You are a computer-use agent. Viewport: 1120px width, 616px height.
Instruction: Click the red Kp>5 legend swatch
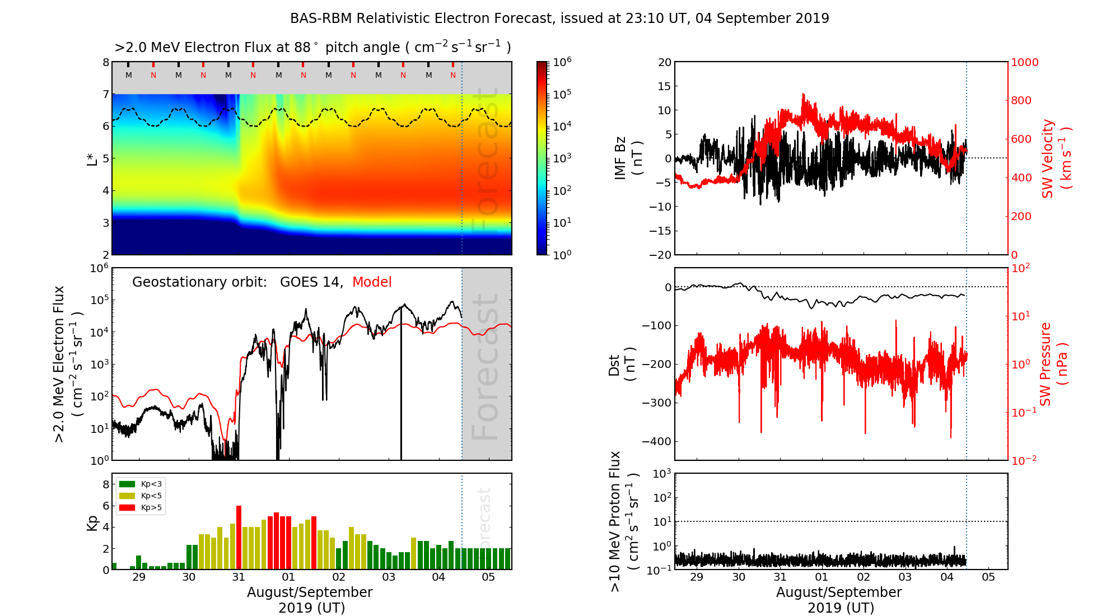tap(127, 508)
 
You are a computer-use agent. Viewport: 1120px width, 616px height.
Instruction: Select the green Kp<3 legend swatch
tap(127, 484)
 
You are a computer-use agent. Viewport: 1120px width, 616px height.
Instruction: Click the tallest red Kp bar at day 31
tap(239, 538)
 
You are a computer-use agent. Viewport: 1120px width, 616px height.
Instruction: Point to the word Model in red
tap(372, 282)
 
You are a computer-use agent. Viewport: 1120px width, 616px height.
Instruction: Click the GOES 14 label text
tap(311, 282)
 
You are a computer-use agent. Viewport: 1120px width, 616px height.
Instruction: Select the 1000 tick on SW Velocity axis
tap(1024, 62)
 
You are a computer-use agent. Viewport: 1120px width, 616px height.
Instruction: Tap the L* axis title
tap(92, 158)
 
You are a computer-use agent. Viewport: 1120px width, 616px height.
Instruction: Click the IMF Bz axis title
tap(628, 158)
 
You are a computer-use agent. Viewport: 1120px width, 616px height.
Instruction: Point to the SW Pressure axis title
tap(1053, 364)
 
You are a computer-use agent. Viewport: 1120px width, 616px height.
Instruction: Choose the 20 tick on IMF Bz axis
tap(664, 62)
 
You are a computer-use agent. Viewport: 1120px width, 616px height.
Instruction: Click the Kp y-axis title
tap(92, 522)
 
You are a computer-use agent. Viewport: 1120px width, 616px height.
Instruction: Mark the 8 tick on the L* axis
tap(106, 62)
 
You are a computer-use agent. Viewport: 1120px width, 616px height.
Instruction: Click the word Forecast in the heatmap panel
tap(485, 162)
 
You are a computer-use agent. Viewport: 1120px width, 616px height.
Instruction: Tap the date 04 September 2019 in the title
tap(762, 18)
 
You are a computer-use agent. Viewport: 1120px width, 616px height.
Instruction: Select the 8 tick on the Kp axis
tap(106, 484)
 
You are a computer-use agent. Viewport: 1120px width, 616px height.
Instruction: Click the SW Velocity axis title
tap(1056, 158)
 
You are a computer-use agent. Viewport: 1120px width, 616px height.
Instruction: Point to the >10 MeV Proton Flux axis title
tap(623, 521)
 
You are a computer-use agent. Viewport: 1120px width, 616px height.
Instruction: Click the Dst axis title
tap(622, 364)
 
